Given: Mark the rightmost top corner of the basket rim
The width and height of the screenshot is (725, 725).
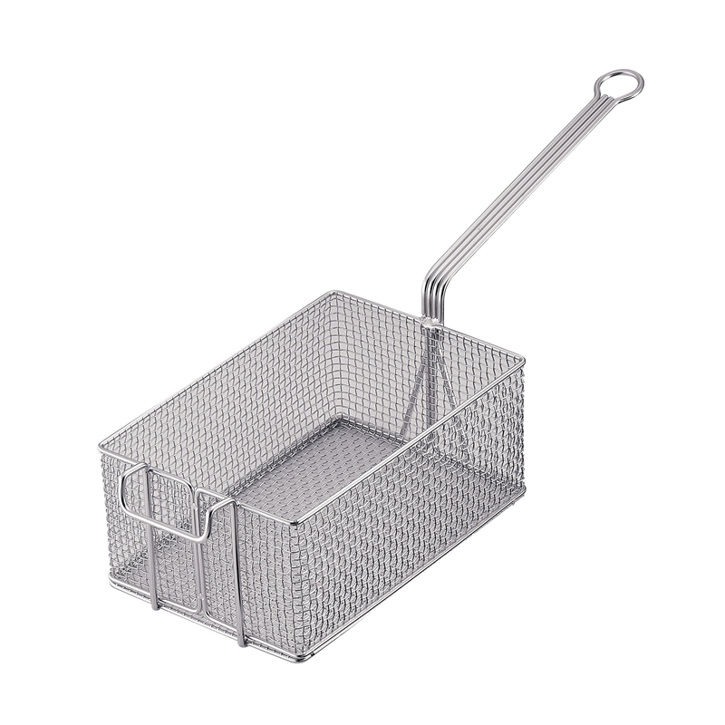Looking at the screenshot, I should pyautogui.click(x=524, y=355).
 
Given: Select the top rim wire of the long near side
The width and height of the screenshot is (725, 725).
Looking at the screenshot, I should pyautogui.click(x=408, y=439).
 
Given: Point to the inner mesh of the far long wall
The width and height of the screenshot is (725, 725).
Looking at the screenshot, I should pyautogui.click(x=254, y=381).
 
